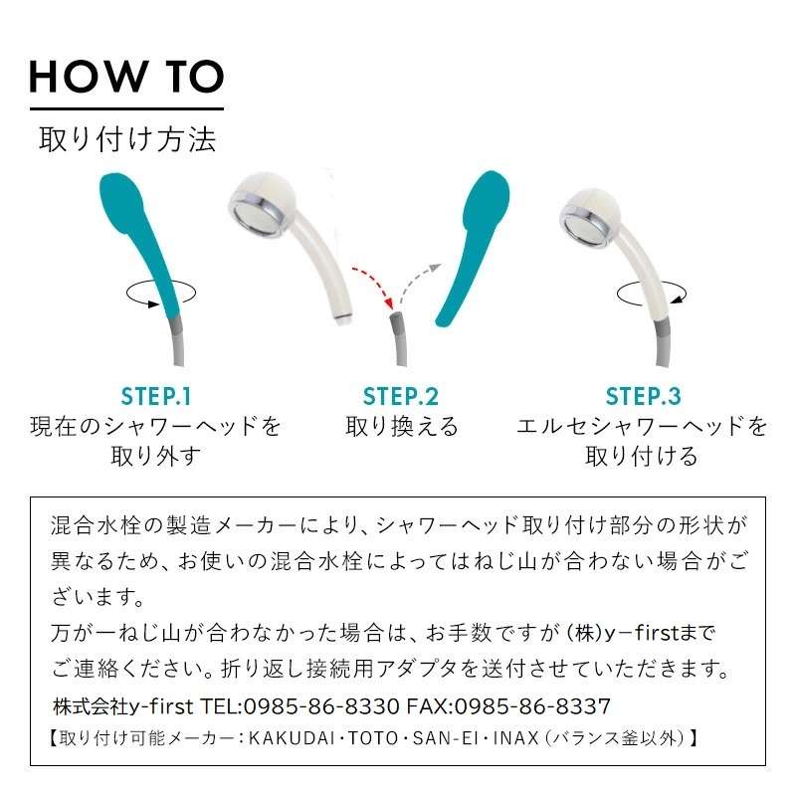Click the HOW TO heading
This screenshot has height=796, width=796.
click(x=126, y=77)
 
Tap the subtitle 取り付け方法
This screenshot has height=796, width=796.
click(x=126, y=138)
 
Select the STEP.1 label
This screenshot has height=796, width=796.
click(x=156, y=396)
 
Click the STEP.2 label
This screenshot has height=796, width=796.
click(x=401, y=396)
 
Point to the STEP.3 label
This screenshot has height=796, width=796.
click(x=643, y=396)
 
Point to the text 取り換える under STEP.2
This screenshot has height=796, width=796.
click(x=401, y=427)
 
